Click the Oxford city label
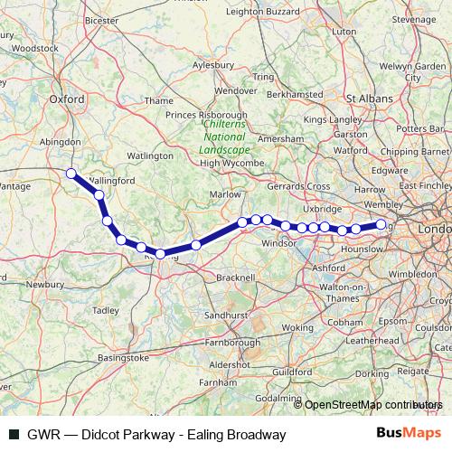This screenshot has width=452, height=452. [x=67, y=99]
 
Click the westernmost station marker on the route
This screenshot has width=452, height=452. [x=71, y=173]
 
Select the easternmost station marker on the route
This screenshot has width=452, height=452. [x=381, y=224]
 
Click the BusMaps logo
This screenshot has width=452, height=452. [x=407, y=435]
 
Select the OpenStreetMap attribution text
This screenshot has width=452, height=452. [x=371, y=405]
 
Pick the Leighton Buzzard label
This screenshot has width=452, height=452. [x=264, y=12]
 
